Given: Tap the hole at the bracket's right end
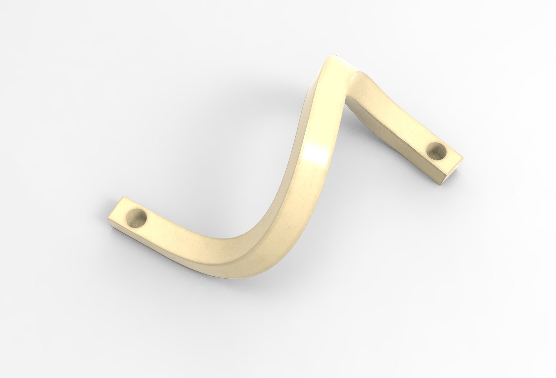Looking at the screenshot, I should (x=437, y=152).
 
